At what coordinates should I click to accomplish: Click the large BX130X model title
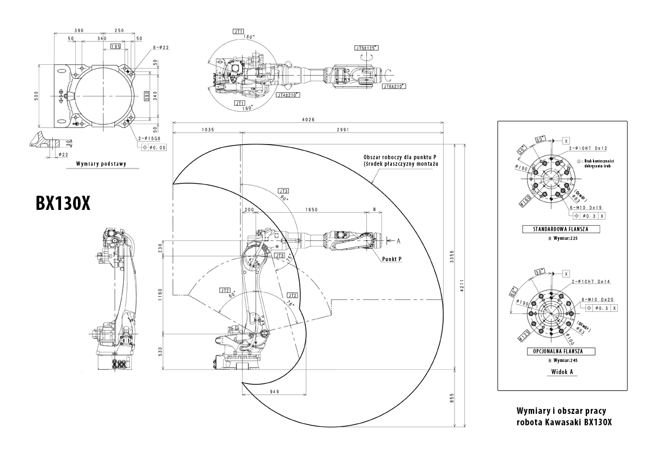pos(63,203)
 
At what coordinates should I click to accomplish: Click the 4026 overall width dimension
pos(307,120)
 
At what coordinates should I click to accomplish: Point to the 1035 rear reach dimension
pos(207,130)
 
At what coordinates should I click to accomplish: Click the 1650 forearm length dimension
pos(312,209)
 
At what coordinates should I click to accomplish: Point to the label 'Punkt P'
pos(392,260)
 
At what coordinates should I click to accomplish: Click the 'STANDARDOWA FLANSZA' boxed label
pos(561,229)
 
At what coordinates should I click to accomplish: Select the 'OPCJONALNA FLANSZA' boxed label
pos(561,352)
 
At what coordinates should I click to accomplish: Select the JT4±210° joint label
pos(288,95)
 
